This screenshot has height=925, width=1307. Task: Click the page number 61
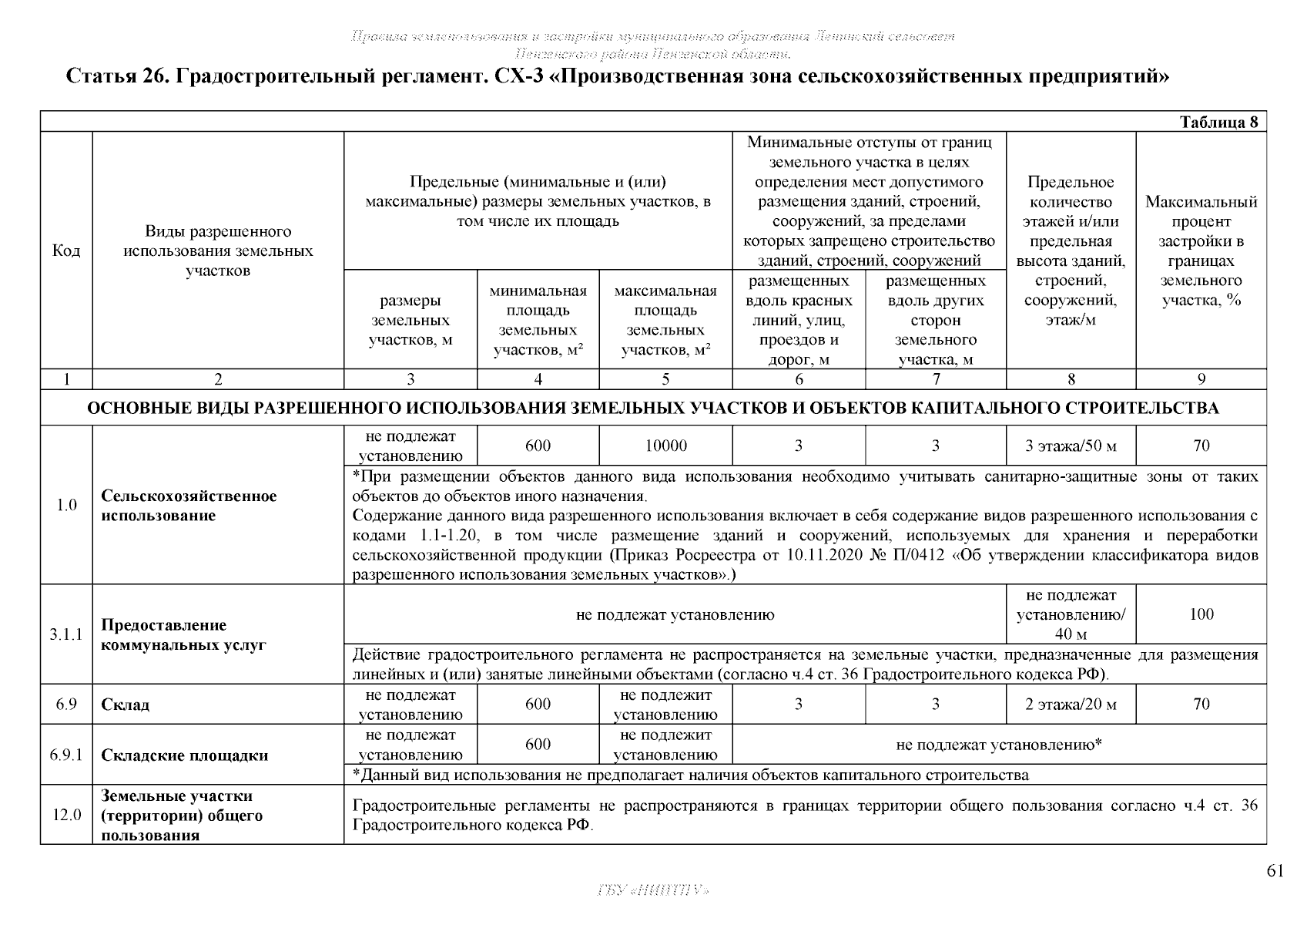pyautogui.click(x=1275, y=871)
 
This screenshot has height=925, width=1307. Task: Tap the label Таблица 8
pyautogui.click(x=1219, y=123)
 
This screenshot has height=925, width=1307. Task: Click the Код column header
pyautogui.click(x=66, y=251)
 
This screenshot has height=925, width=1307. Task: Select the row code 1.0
pyautogui.click(x=66, y=506)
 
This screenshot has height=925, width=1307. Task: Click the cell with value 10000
pyautogui.click(x=665, y=446)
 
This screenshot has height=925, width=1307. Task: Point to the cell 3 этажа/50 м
pyautogui.click(x=1071, y=446)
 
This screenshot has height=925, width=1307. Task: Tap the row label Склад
pyautogui.click(x=126, y=705)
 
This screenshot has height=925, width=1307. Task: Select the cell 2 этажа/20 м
pyautogui.click(x=1071, y=704)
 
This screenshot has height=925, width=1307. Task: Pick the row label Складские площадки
pyautogui.click(x=185, y=755)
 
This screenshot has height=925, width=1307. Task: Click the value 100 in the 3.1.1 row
pyautogui.click(x=1201, y=614)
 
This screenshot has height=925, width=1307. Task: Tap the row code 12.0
pyautogui.click(x=66, y=816)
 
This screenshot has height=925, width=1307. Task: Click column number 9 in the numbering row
pyautogui.click(x=1201, y=379)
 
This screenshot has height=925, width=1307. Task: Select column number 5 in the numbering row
pyautogui.click(x=665, y=379)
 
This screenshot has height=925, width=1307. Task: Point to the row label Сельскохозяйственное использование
pyautogui.click(x=189, y=506)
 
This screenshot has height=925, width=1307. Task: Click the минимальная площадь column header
pyautogui.click(x=538, y=321)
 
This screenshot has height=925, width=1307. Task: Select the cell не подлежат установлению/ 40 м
pyautogui.click(x=1071, y=614)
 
